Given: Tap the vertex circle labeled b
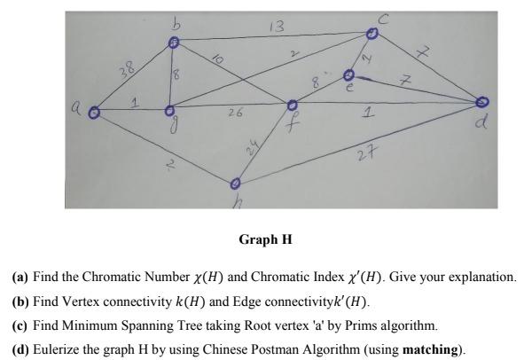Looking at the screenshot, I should pyautogui.click(x=175, y=43).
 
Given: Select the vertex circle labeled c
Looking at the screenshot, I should pyautogui.click(x=373, y=34).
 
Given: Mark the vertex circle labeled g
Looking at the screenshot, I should pyautogui.click(x=169, y=112).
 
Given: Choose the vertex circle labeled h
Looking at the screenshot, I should pyautogui.click(x=235, y=184).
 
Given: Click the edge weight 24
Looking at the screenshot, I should pyautogui.click(x=257, y=147).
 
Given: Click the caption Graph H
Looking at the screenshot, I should pyautogui.click(x=265, y=239).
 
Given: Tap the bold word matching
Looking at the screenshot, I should pyautogui.click(x=432, y=349).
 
